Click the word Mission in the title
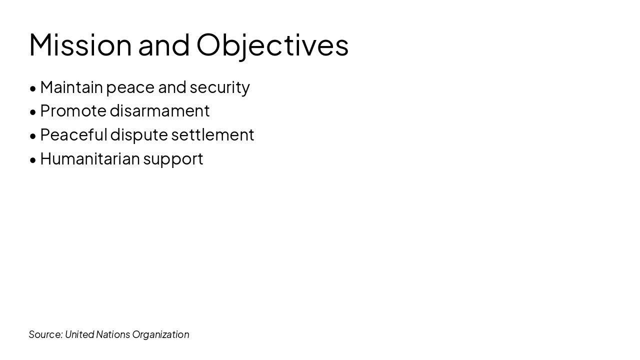point(80,45)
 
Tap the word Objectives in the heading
point(272,45)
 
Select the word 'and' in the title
point(164,45)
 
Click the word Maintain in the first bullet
point(71,87)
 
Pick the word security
point(219,87)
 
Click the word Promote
point(73,110)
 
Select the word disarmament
point(159,110)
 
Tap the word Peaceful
point(73,134)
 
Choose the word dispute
point(139,134)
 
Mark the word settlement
point(212,134)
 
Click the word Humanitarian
point(90,158)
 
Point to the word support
point(173,159)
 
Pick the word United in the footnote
point(79,334)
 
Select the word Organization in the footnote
point(160,334)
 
